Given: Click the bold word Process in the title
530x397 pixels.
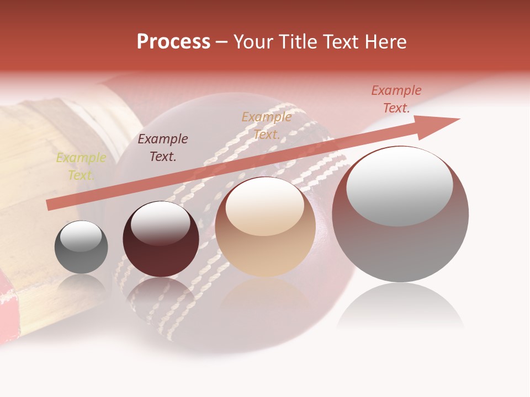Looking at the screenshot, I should [173, 42].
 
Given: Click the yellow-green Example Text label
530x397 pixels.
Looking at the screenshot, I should [81, 167].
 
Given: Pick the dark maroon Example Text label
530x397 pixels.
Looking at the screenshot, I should [162, 148].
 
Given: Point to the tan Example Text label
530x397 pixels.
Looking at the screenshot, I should [267, 125].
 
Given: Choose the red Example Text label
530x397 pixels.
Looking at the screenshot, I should [396, 99].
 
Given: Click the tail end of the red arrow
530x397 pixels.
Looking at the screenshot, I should [50, 205].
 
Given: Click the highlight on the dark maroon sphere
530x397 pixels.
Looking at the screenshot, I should [160, 222].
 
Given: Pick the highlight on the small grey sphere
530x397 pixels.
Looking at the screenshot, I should [81, 237].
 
